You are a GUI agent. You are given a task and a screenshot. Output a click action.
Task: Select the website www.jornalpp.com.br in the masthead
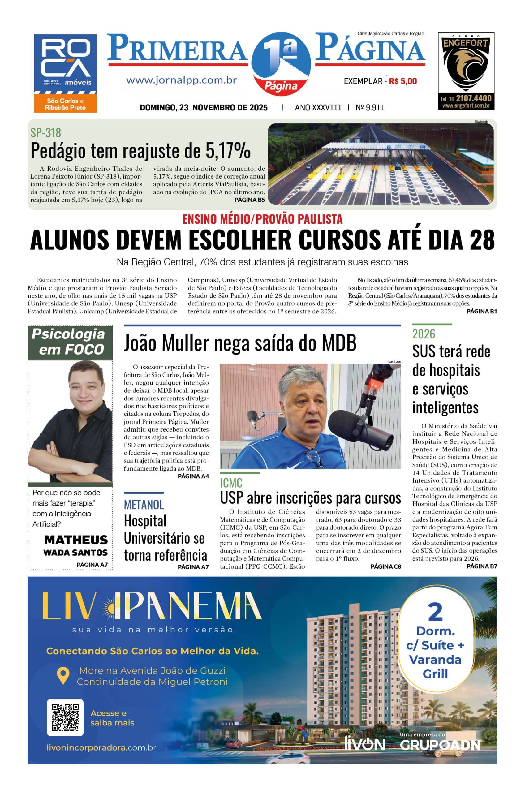(x=182, y=81)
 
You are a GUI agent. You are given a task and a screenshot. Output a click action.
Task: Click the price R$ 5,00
(x=403, y=81)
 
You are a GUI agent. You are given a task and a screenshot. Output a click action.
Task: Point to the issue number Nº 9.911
(x=370, y=108)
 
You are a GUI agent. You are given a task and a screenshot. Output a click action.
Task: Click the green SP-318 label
(x=45, y=133)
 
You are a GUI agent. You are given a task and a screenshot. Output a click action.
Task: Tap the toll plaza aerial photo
(x=381, y=164)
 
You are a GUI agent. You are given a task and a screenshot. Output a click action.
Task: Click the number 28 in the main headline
(x=481, y=240)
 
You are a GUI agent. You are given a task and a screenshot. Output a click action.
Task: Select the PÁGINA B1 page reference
(x=482, y=311)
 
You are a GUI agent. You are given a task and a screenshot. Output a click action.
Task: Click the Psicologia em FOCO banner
(x=70, y=342)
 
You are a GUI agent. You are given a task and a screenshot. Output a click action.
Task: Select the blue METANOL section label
(x=144, y=505)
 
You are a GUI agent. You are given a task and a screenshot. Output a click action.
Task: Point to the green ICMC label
(x=231, y=483)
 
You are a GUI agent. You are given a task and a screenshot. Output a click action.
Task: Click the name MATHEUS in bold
(x=76, y=540)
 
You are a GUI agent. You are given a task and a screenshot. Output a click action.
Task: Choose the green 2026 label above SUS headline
(x=424, y=334)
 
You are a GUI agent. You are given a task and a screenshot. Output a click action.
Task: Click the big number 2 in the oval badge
(x=435, y=613)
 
